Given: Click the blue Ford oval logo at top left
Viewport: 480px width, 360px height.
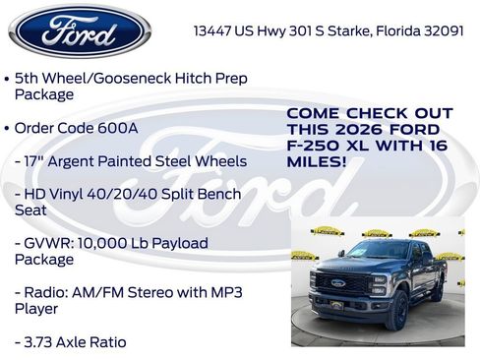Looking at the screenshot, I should pos(79,30).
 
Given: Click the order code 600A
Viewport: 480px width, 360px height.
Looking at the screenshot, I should pos(122,128).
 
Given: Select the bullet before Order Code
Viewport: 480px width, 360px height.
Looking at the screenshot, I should pos(8,128).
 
